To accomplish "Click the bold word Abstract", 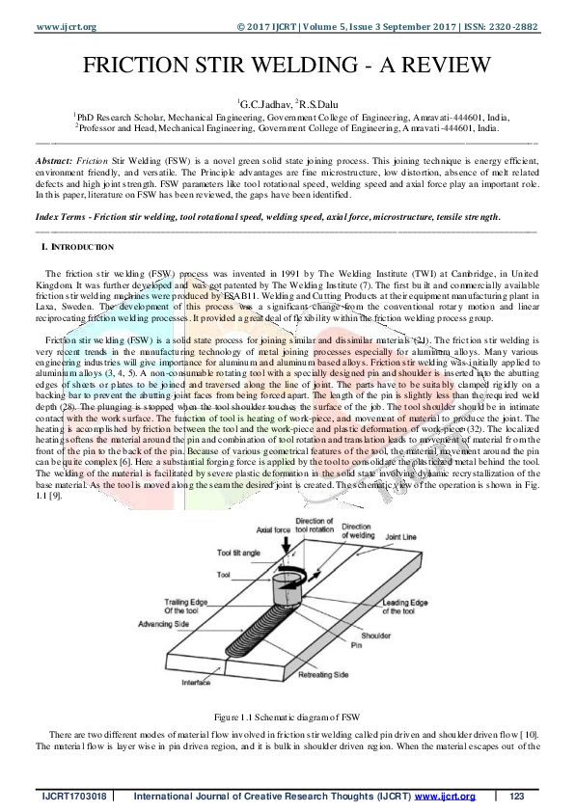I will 53,157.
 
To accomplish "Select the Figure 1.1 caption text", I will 287,717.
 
